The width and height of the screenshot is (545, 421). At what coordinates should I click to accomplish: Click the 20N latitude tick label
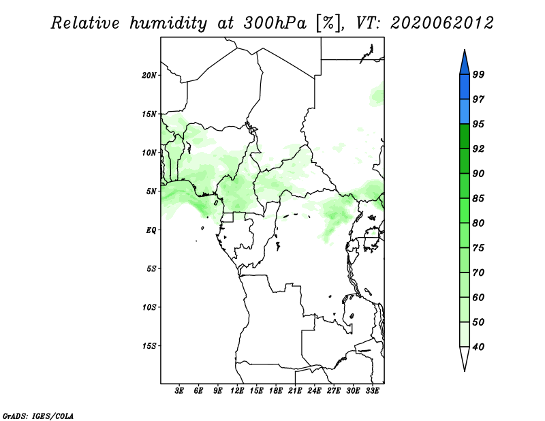coord(149,76)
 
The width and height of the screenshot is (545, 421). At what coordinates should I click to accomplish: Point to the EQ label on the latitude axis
coord(151,230)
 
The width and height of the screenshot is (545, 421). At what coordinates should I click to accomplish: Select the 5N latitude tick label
coord(151,191)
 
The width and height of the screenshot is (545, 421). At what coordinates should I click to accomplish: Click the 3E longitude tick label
coord(179,391)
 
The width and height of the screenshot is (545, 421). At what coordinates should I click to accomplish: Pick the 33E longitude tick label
coord(372,391)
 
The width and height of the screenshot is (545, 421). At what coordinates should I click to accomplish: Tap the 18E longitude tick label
coord(276,391)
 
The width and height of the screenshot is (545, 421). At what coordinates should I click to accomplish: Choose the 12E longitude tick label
coord(237,391)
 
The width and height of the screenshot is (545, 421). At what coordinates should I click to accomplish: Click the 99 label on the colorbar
coord(478,74)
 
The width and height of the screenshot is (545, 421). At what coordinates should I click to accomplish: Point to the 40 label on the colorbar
coord(478,347)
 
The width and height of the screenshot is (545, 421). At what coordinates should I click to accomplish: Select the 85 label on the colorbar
coord(478,198)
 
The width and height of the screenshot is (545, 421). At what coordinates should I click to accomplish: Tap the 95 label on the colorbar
coord(478,124)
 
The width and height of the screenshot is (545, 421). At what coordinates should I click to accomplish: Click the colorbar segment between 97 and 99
coord(465,87)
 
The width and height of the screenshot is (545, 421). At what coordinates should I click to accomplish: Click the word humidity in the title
coord(168,24)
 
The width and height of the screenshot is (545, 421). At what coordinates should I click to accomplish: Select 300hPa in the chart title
coord(275,23)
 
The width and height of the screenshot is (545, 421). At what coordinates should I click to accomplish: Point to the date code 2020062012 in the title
coord(441,23)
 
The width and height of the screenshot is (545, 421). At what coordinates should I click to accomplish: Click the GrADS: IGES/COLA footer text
coord(38,416)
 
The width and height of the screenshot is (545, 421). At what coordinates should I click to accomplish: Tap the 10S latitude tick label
coord(149,307)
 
